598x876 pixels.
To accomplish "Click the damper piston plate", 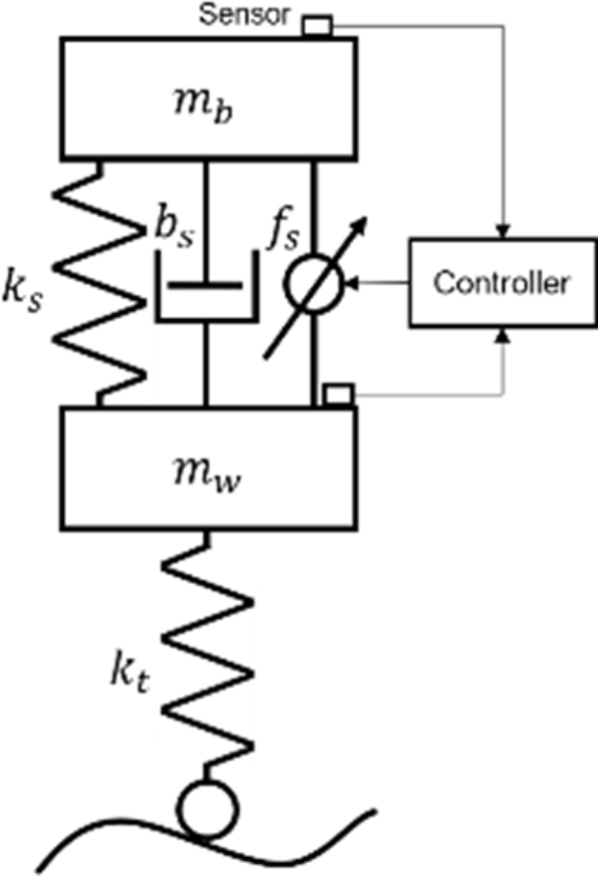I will point(205,285).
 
